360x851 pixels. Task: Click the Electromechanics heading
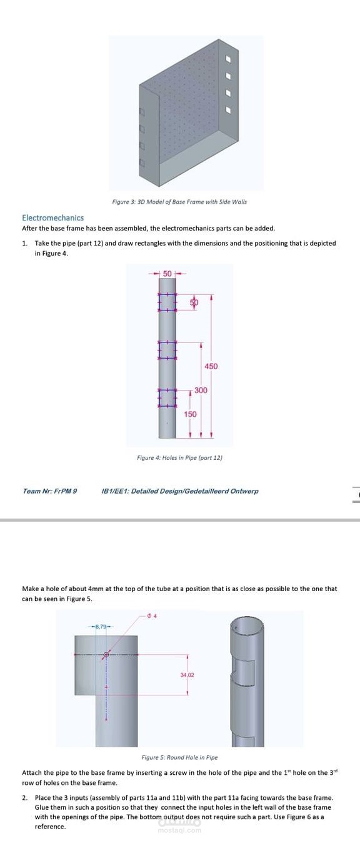coord(53,217)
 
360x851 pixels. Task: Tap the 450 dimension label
coord(211,366)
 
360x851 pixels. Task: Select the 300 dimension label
coord(201,390)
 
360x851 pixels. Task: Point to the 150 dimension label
coord(191,414)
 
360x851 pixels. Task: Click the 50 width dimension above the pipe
coord(167,274)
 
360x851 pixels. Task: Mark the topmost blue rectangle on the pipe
coord(167,302)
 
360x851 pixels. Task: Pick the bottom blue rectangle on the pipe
coord(167,398)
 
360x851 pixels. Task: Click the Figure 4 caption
coord(180,458)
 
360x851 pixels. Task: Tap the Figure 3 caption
coord(179,202)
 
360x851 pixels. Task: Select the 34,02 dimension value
coord(187,675)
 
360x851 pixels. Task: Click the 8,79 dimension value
coord(101,627)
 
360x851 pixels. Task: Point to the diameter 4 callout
coord(152,615)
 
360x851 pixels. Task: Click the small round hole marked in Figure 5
coord(106,654)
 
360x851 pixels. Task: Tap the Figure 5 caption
coord(180,757)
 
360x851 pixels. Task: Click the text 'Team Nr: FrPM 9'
coord(50,491)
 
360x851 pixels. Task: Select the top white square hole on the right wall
coord(229,59)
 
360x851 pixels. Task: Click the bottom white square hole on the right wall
coord(229,110)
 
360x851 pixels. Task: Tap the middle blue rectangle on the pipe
coord(167,349)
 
